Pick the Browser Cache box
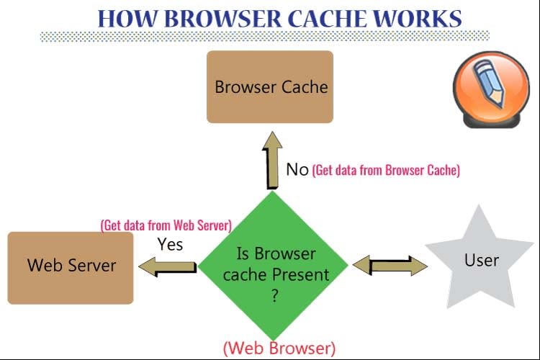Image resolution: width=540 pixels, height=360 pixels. (270, 87)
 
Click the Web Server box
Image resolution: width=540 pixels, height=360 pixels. (71, 265)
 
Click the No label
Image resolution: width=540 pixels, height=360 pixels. (297, 170)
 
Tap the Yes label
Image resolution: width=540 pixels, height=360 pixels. (171, 244)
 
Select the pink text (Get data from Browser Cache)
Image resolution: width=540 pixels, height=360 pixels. (386, 171)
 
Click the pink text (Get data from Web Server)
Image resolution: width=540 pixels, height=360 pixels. (166, 225)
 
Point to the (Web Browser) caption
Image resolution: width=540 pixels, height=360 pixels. (279, 348)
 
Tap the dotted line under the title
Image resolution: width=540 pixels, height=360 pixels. (263, 36)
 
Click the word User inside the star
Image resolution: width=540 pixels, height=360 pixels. (482, 259)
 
